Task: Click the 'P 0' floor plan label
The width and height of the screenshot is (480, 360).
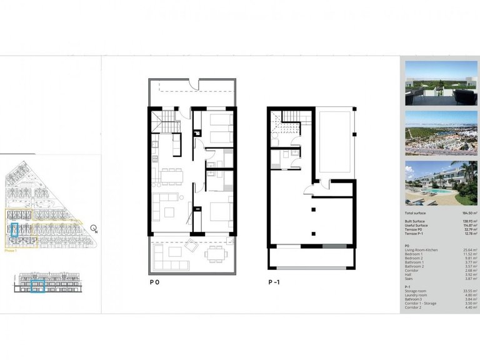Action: (154, 282)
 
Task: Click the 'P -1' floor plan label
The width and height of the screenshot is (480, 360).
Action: (274, 282)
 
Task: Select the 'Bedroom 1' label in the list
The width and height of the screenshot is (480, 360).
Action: (414, 254)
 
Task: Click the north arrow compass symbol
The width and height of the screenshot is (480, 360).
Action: (94, 228)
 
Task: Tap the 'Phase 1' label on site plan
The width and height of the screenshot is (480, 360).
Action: (10, 250)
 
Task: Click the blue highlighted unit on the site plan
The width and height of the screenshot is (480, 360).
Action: (14, 229)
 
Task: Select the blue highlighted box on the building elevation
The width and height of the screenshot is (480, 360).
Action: (37, 287)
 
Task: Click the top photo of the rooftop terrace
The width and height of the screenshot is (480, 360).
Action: (441, 82)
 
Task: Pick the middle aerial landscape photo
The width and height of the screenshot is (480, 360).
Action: (441, 133)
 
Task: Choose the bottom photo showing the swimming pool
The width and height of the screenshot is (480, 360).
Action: (441, 183)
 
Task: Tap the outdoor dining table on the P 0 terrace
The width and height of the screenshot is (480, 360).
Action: (215, 254)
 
